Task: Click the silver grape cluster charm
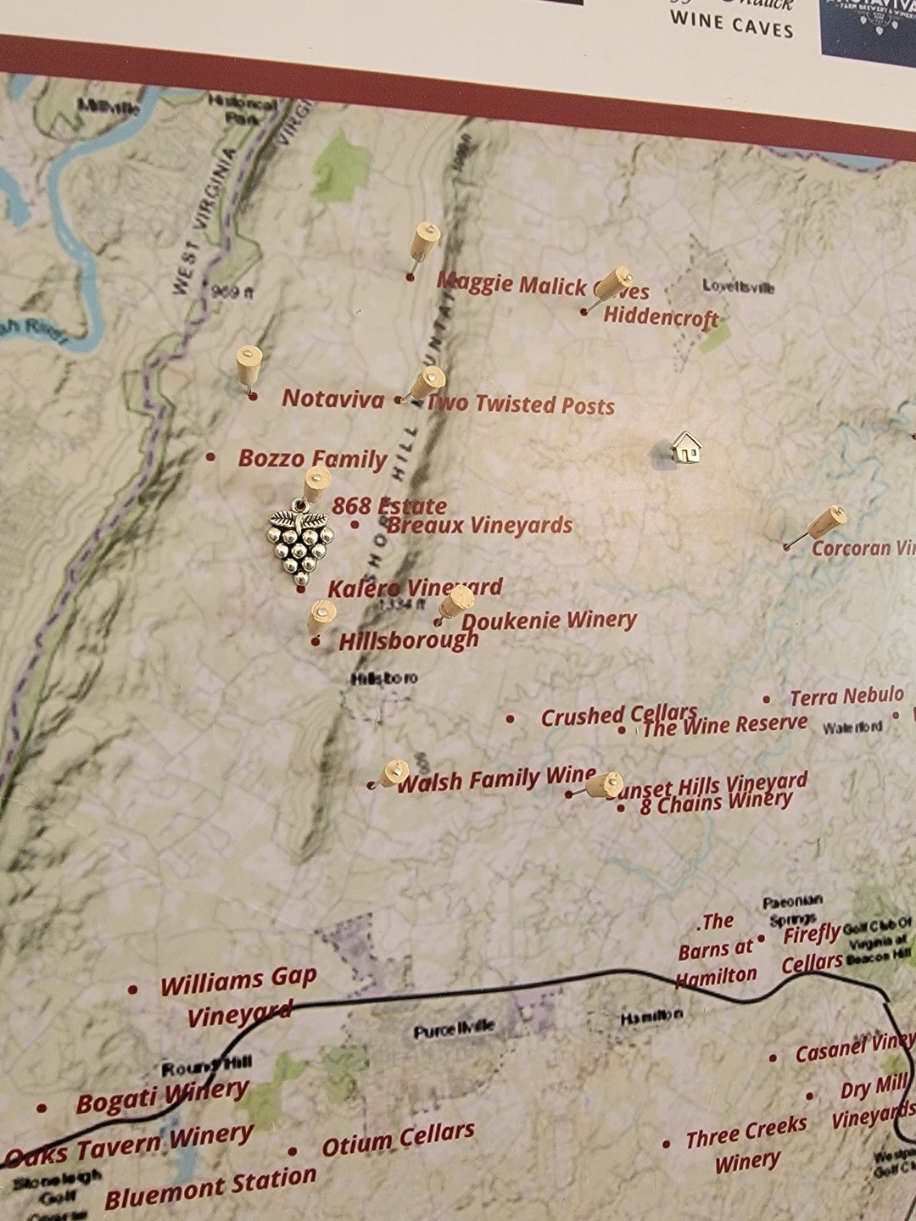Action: tap(301, 543)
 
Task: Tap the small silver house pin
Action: tap(685, 447)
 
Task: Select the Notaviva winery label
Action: tap(332, 399)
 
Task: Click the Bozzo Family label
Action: tap(312, 459)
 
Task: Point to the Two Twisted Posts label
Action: tap(520, 404)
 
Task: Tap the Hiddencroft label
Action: tap(661, 317)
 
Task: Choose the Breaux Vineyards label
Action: tap(479, 526)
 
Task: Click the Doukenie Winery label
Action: tap(549, 621)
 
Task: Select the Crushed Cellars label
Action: tap(618, 716)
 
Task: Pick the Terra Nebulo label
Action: tap(846, 697)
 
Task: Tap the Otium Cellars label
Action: tap(398, 1140)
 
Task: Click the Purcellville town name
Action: tap(453, 1030)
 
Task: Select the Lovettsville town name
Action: tap(738, 287)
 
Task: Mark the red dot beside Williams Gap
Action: tap(133, 990)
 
